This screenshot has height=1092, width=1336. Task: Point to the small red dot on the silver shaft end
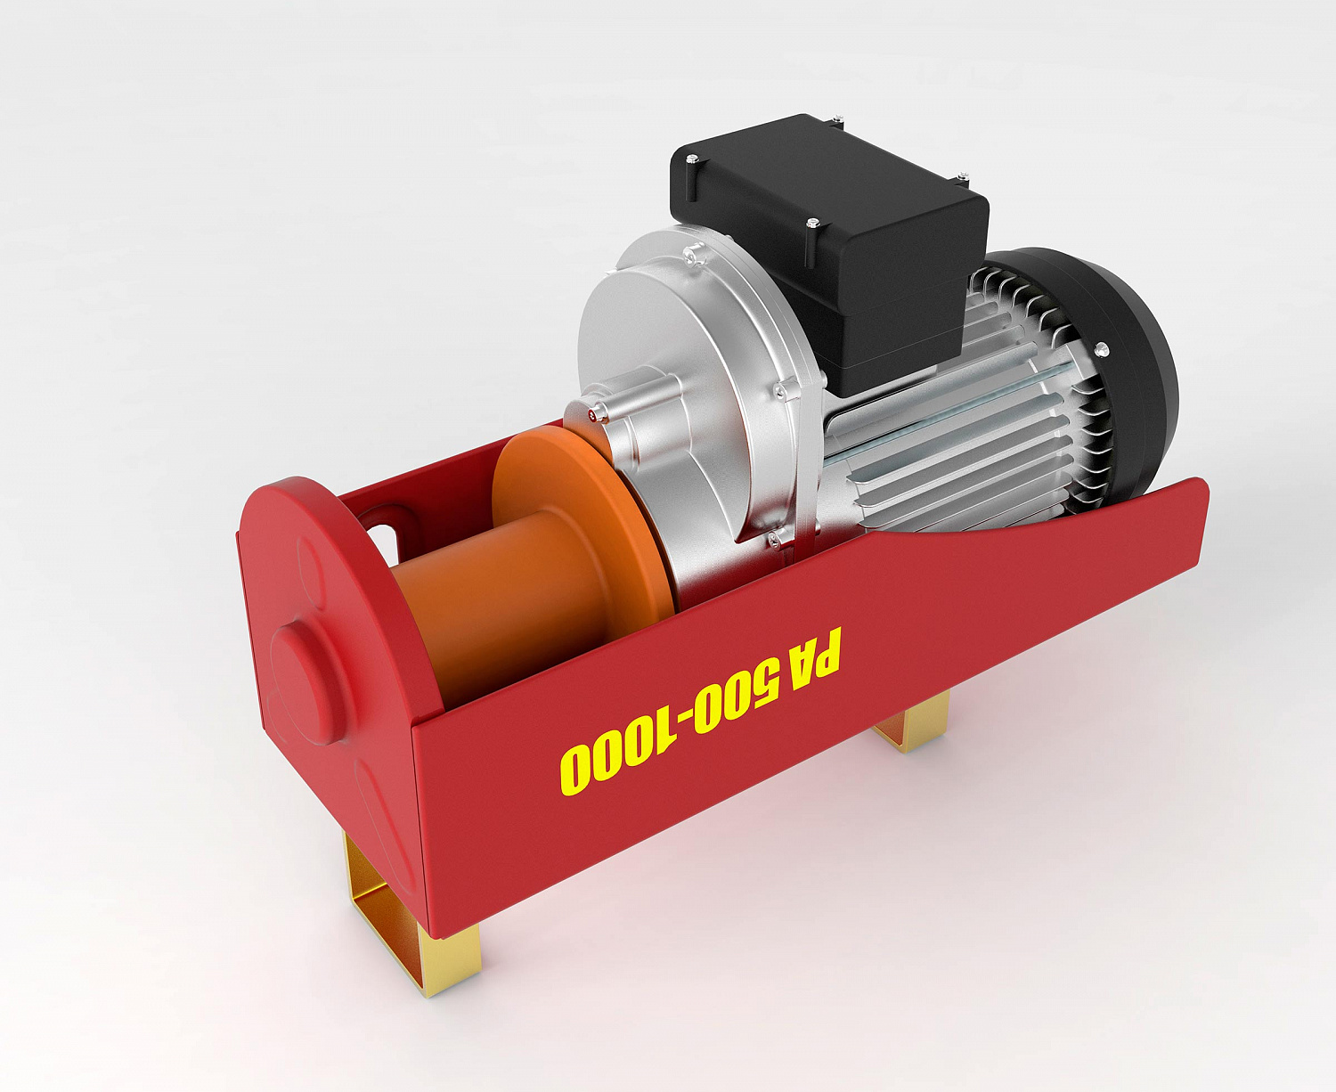592,416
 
